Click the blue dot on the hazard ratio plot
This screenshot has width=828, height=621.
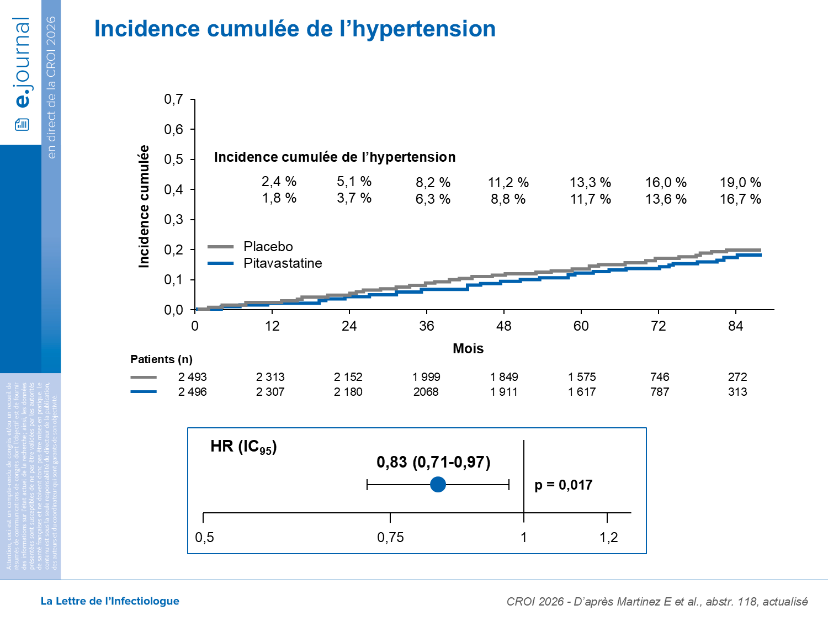[x=438, y=485]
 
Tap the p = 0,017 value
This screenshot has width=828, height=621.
[x=563, y=485]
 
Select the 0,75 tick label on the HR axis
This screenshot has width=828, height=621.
[x=390, y=538]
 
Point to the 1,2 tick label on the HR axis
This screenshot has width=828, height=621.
[x=608, y=538]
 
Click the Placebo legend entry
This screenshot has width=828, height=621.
[x=268, y=247]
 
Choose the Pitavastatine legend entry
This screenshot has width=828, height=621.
[x=282, y=263]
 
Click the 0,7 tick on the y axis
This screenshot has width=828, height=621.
[x=174, y=99]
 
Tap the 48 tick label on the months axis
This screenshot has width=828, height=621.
[x=503, y=326]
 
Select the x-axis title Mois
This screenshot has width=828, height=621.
[x=468, y=349]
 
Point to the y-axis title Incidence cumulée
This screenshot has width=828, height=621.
[x=144, y=206]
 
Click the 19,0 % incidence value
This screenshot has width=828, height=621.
[x=740, y=183]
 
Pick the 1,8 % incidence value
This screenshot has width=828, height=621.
[x=279, y=198]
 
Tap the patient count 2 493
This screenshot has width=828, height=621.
[x=192, y=377]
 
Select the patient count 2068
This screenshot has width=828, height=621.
[x=426, y=392]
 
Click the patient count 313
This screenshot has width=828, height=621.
[x=737, y=392]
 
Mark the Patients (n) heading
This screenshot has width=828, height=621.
[x=161, y=359]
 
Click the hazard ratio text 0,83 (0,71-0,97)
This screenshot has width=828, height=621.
[x=433, y=462]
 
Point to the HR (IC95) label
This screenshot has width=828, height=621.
[x=243, y=447]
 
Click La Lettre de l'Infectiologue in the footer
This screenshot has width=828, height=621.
[x=110, y=601]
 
